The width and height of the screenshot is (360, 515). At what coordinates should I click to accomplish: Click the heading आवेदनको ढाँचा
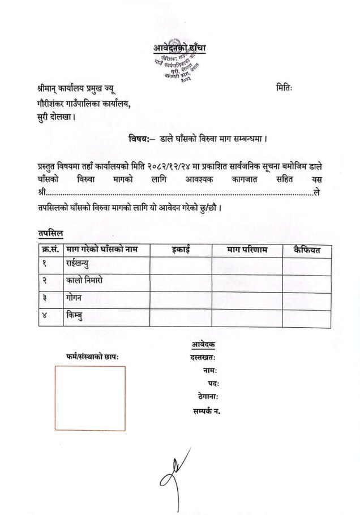[179, 49]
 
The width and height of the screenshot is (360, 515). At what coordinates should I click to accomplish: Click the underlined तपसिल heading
[51, 233]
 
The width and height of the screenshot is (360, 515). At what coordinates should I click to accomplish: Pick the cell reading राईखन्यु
[82, 264]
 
